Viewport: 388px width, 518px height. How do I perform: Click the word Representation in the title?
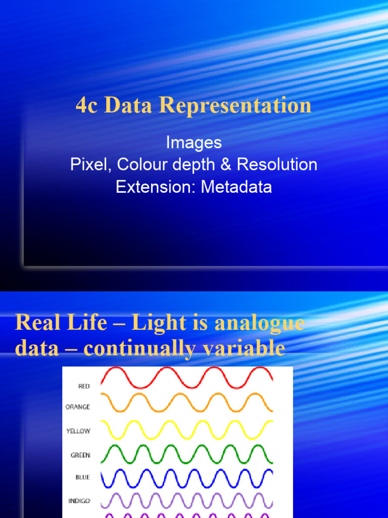click(x=235, y=106)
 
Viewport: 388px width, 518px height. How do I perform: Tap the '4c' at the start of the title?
click(x=86, y=106)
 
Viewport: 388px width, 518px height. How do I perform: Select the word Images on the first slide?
click(x=194, y=143)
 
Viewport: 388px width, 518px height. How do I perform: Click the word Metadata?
click(x=236, y=187)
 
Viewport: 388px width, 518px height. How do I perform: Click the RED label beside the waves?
click(x=84, y=386)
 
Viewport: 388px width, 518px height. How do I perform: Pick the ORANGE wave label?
click(x=78, y=407)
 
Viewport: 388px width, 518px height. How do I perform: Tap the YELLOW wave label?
click(x=78, y=431)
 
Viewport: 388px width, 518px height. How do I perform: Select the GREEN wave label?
click(x=80, y=455)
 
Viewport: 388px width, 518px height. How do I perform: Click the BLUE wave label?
click(x=83, y=478)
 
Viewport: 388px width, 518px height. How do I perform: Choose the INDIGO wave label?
click(x=79, y=501)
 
